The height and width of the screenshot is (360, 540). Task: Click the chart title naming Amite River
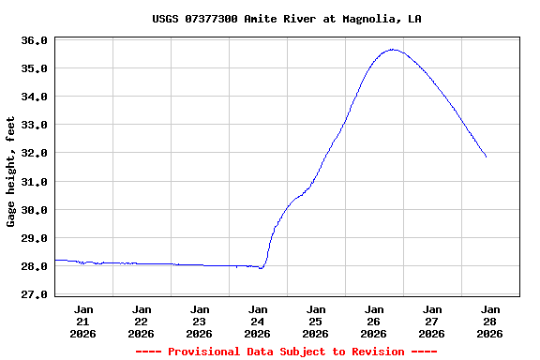[286, 19]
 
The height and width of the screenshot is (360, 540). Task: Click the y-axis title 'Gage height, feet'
[11, 172]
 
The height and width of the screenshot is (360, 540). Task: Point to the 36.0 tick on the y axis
[34, 40]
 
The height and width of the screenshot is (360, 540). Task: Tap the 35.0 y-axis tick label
[34, 68]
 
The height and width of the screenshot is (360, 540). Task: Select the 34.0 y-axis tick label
[34, 97]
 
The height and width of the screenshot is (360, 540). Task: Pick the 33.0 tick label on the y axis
[34, 125]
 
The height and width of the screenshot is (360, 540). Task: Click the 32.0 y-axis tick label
[34, 153]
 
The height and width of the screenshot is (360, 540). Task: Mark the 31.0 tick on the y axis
[34, 181]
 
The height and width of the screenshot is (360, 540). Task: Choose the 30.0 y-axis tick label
[34, 210]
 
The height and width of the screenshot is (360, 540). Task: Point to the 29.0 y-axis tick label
[34, 238]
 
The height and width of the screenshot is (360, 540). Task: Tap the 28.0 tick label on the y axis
[34, 266]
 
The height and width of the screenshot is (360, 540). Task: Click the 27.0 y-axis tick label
[34, 294]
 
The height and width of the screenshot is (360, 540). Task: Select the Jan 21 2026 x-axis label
[83, 321]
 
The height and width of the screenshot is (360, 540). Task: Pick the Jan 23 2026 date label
[200, 321]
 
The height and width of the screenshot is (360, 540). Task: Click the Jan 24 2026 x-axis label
[258, 321]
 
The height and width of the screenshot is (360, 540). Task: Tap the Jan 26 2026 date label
[374, 321]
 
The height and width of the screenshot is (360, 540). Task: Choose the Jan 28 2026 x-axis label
[489, 321]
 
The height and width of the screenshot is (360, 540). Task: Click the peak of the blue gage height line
[393, 50]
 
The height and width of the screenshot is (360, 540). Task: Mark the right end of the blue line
[487, 157]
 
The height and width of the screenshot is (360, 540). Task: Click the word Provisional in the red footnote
[206, 352]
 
